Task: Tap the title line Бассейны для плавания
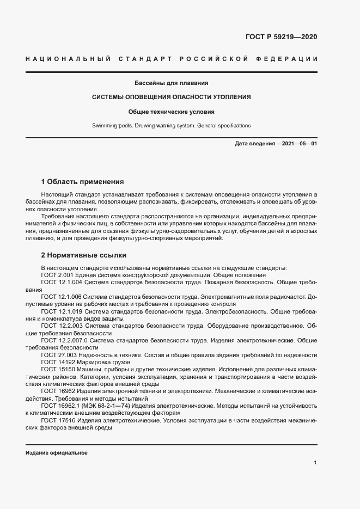click(x=172, y=83)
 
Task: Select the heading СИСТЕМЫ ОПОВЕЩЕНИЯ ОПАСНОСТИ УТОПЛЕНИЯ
click(x=172, y=97)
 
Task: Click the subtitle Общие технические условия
click(x=172, y=112)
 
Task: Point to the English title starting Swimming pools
click(x=172, y=125)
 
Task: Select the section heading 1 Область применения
click(x=83, y=181)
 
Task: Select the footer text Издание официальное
click(x=56, y=453)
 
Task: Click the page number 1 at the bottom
click(x=315, y=462)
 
